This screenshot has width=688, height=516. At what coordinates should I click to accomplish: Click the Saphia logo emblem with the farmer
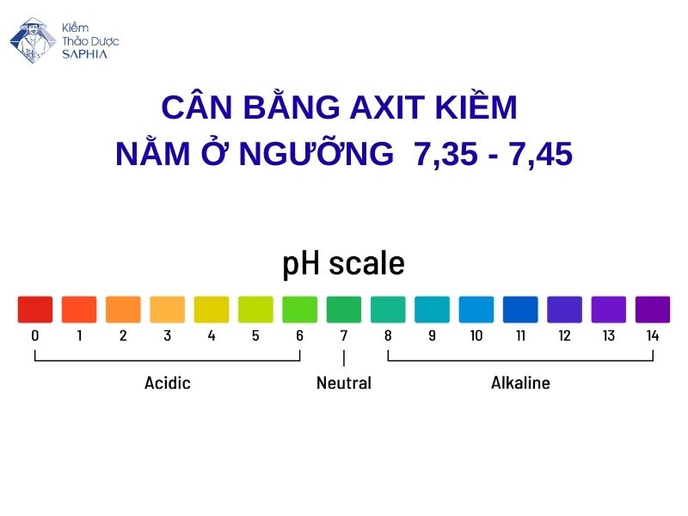pyautogui.click(x=33, y=40)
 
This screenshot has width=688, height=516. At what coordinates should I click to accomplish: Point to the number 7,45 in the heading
pyautogui.click(x=538, y=155)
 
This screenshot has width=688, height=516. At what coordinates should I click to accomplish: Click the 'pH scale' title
pyautogui.click(x=343, y=263)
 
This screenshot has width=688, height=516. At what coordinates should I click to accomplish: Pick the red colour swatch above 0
pyautogui.click(x=35, y=310)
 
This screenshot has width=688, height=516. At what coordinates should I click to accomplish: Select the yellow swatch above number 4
pyautogui.click(x=212, y=310)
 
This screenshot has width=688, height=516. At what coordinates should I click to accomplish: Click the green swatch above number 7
pyautogui.click(x=344, y=310)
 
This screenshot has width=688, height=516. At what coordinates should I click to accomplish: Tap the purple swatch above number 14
pyautogui.click(x=653, y=310)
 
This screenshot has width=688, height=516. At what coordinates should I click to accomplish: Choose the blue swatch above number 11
pyautogui.click(x=520, y=310)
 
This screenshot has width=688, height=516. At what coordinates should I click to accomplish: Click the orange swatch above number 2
pyautogui.click(x=123, y=310)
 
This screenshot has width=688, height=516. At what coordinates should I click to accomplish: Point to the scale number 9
pyautogui.click(x=432, y=336)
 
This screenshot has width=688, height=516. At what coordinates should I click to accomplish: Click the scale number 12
pyautogui.click(x=564, y=336)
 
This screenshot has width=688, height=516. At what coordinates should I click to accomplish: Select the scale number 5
pyautogui.click(x=255, y=336)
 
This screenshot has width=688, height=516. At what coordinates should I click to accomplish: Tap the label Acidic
pyautogui.click(x=168, y=383)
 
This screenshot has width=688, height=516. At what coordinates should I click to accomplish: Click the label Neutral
pyautogui.click(x=344, y=383)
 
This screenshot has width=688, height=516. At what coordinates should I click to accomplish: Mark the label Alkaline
pyautogui.click(x=520, y=383)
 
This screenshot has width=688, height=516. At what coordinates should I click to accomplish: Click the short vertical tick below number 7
pyautogui.click(x=344, y=359)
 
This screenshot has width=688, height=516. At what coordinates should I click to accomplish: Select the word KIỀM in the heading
pyautogui.click(x=476, y=109)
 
